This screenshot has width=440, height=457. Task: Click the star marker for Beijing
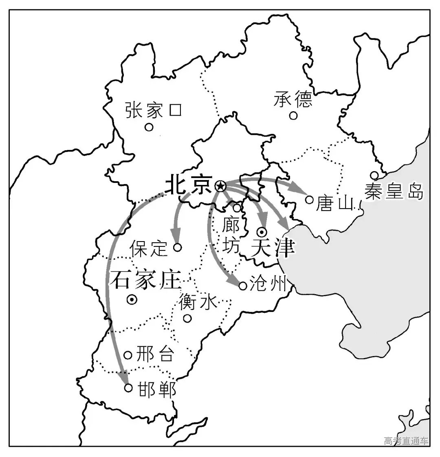click(x=220, y=186)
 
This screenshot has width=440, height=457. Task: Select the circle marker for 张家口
click(x=149, y=127)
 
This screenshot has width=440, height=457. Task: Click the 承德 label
click(x=293, y=99)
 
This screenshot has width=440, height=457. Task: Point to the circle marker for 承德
click(x=293, y=116)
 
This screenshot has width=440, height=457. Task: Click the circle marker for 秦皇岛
click(x=374, y=175)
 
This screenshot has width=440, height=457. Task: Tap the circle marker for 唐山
click(x=309, y=200)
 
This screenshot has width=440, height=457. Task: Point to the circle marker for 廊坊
click(x=237, y=208)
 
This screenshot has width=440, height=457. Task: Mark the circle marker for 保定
click(x=178, y=247)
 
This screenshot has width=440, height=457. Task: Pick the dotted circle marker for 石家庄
click(x=132, y=300)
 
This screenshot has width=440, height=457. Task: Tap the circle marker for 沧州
click(x=243, y=286)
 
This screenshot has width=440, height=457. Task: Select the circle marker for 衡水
click(x=187, y=318)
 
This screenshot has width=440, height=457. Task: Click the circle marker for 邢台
click(x=128, y=355)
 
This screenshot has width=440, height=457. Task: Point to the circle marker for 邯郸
click(x=128, y=388)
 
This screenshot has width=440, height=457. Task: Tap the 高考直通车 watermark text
click(x=406, y=441)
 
